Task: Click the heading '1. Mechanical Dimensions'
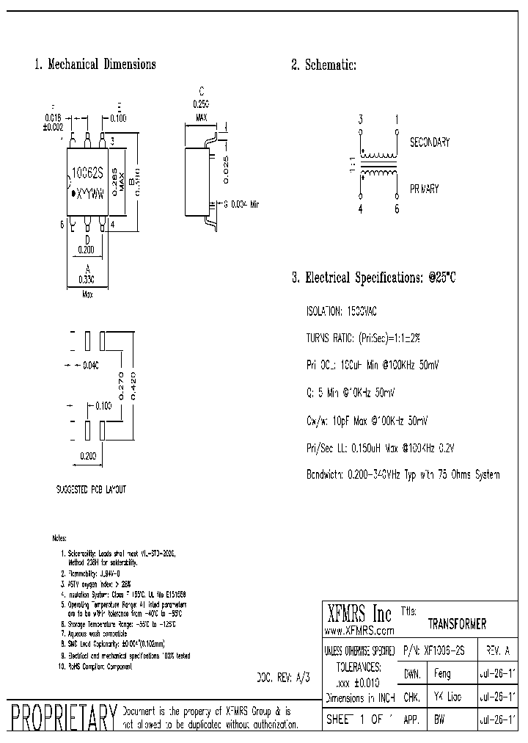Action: tap(95, 65)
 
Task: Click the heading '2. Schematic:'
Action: tap(323, 65)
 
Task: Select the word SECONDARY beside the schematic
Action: tap(429, 142)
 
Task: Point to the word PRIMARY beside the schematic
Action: tap(424, 189)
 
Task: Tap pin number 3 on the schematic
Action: tap(360, 119)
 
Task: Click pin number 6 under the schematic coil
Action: tap(397, 209)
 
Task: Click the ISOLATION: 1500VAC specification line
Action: tap(342, 311)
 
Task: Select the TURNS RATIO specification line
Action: tap(363, 338)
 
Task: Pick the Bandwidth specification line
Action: tap(403, 474)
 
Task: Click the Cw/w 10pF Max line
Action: tap(367, 420)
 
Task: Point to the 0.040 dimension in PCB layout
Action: tap(91, 365)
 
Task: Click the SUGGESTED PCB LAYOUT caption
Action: tap(90, 489)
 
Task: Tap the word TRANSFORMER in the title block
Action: tap(457, 624)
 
